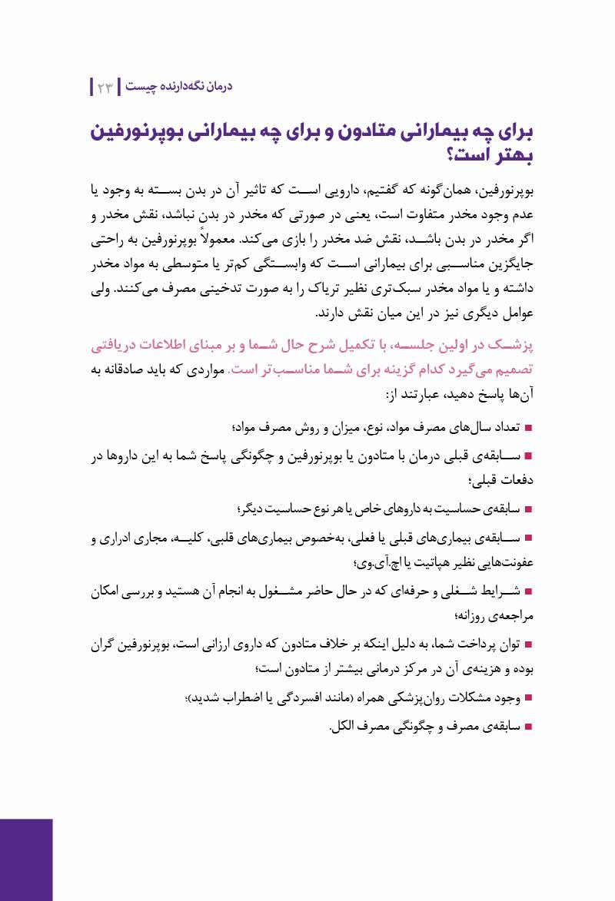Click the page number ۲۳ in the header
[x=105, y=87]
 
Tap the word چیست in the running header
[x=140, y=87]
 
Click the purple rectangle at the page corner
[x=26, y=860]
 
